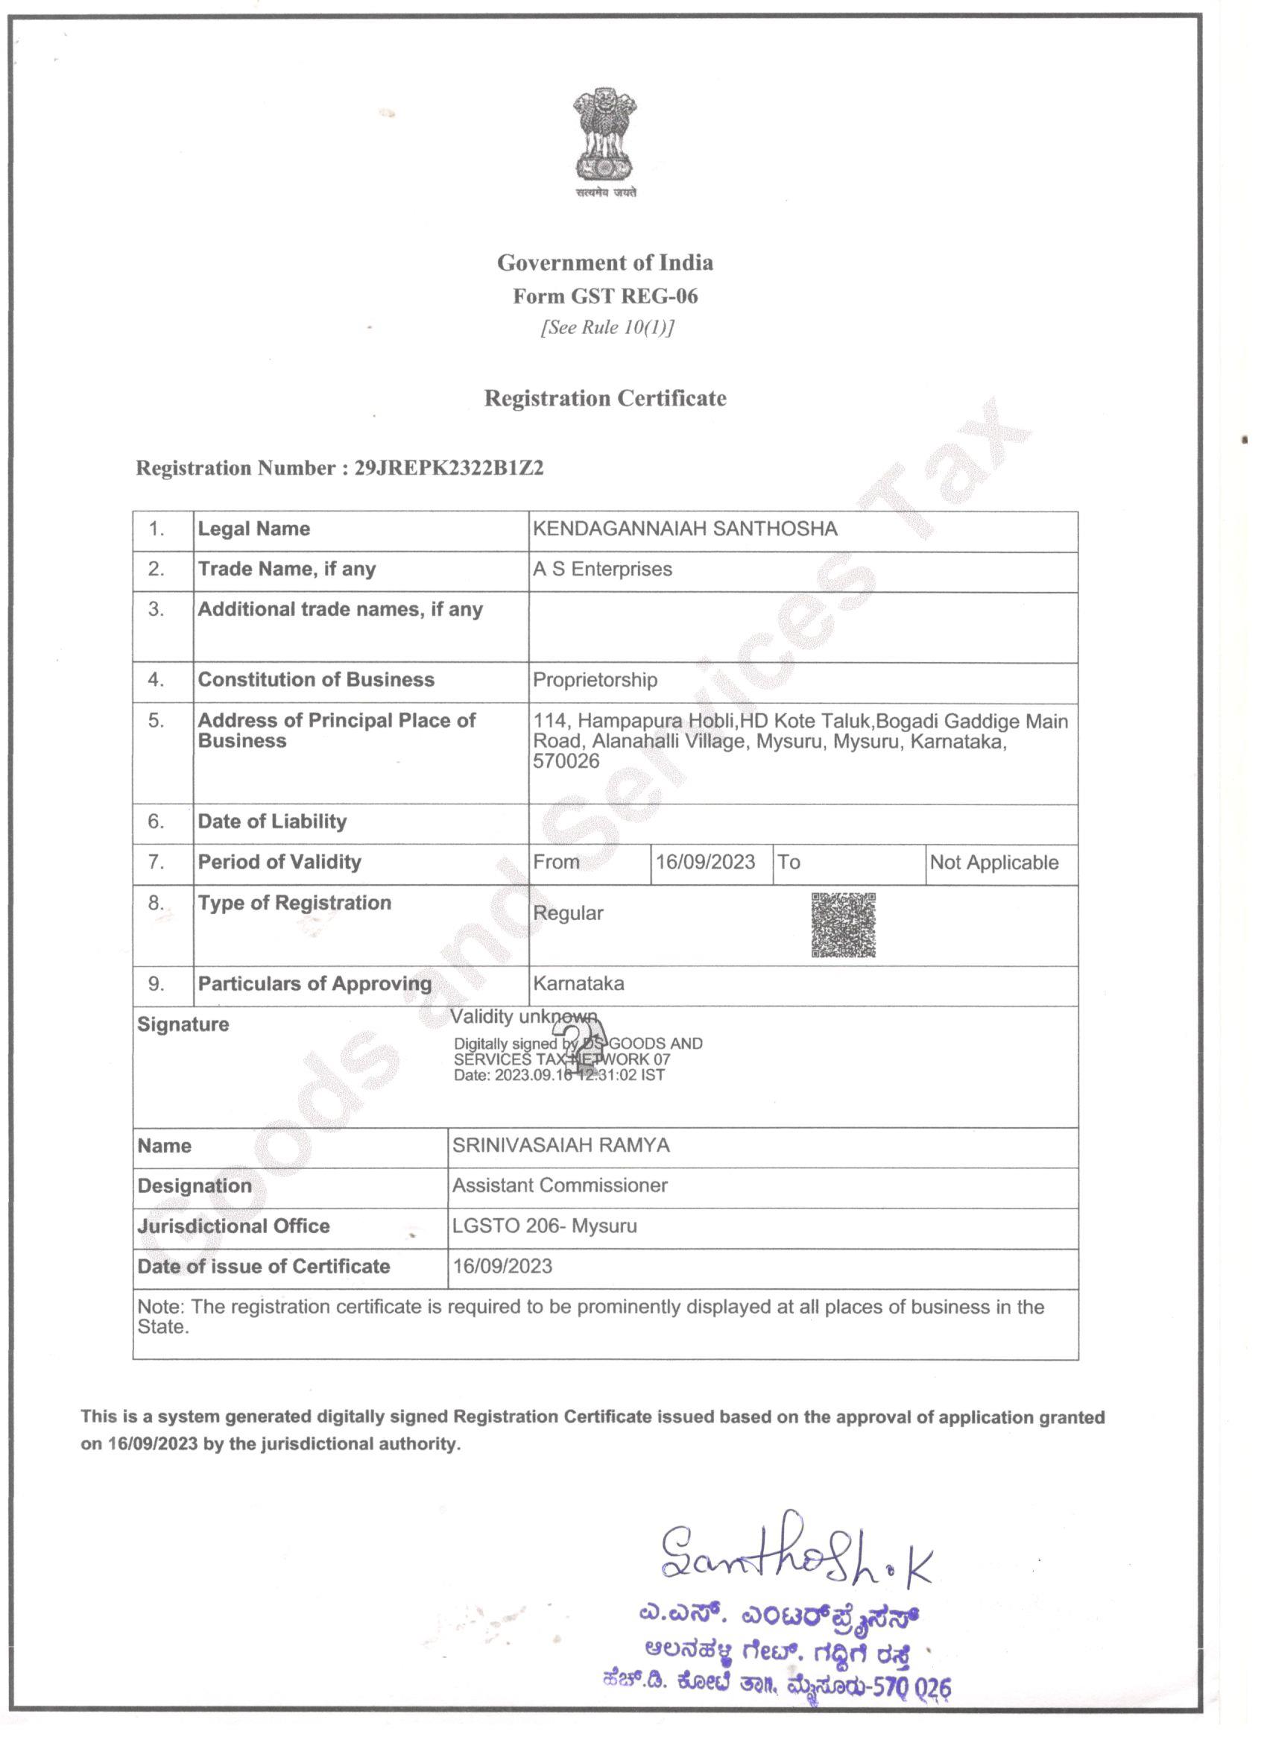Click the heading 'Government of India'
[x=604, y=263]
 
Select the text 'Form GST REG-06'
[x=604, y=296]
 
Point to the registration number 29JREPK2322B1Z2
[x=449, y=468]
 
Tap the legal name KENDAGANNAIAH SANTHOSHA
[x=685, y=529]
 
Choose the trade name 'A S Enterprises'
[x=602, y=569]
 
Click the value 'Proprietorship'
[x=595, y=680]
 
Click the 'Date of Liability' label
[x=272, y=822]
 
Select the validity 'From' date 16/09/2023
[x=704, y=862]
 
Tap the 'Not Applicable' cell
[x=993, y=863]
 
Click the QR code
[x=843, y=924]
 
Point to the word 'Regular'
[x=568, y=913]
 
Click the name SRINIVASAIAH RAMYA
[x=560, y=1145]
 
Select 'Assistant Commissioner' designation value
[x=560, y=1185]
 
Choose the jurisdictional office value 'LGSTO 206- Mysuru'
[x=544, y=1226]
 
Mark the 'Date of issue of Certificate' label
[x=264, y=1267]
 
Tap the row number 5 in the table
[x=156, y=721]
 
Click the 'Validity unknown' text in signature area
[x=523, y=1017]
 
